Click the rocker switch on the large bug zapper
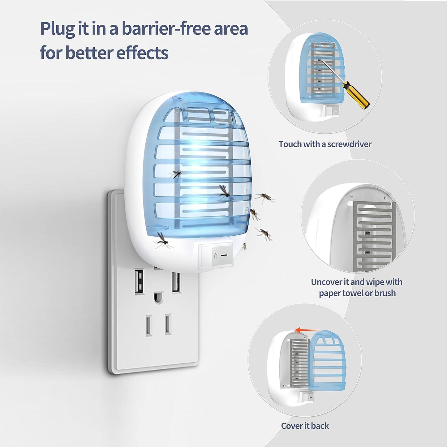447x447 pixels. [x=216, y=255]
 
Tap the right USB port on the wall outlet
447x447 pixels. [x=176, y=282]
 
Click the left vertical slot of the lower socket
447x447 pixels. [x=149, y=325]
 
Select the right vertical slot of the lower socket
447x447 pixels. [x=168, y=324]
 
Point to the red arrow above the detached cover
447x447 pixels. [x=303, y=330]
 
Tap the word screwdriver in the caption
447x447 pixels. [x=349, y=144]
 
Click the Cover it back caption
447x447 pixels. [x=305, y=426]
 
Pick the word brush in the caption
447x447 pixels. [x=385, y=293]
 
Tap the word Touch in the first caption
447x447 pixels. [x=290, y=144]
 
